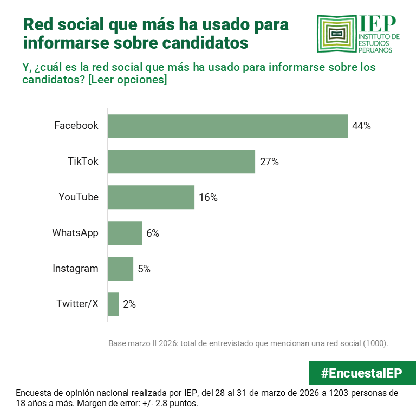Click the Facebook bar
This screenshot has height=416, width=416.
227,126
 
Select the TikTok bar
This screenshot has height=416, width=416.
181,161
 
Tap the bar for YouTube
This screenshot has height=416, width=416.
151,197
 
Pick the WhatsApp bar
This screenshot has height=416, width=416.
125,233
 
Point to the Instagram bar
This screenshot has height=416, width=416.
120,269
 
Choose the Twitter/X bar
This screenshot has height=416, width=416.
113,304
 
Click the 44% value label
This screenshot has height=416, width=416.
361,126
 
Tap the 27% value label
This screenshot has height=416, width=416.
269,161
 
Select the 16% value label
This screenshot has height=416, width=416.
208,197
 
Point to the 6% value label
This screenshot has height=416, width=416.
152,233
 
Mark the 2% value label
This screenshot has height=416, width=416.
129,304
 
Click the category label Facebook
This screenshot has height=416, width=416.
76,126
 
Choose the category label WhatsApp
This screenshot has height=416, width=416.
75,233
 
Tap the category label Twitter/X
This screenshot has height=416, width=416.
77,304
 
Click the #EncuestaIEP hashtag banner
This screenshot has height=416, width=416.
362,373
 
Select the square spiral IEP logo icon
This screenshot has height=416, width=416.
336,34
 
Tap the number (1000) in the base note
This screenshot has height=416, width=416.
375,343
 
